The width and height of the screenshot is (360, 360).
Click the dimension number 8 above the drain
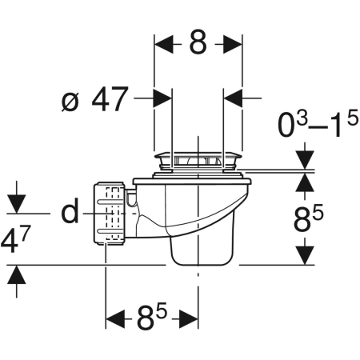pos(198,42)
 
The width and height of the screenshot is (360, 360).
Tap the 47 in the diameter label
pos(110,99)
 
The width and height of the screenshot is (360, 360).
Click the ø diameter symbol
pos(70,102)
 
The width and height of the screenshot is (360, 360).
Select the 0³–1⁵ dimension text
pos(318,124)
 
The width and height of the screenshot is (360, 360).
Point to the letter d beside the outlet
pos(70,210)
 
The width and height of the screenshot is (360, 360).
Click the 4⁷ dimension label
pos(15,239)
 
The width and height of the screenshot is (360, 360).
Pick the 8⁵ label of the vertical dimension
pos(308,218)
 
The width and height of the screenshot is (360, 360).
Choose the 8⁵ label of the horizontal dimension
pos(152,316)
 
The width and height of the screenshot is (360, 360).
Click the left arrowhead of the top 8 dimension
pos(163,44)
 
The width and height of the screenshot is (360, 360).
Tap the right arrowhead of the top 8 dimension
pos(233,44)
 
